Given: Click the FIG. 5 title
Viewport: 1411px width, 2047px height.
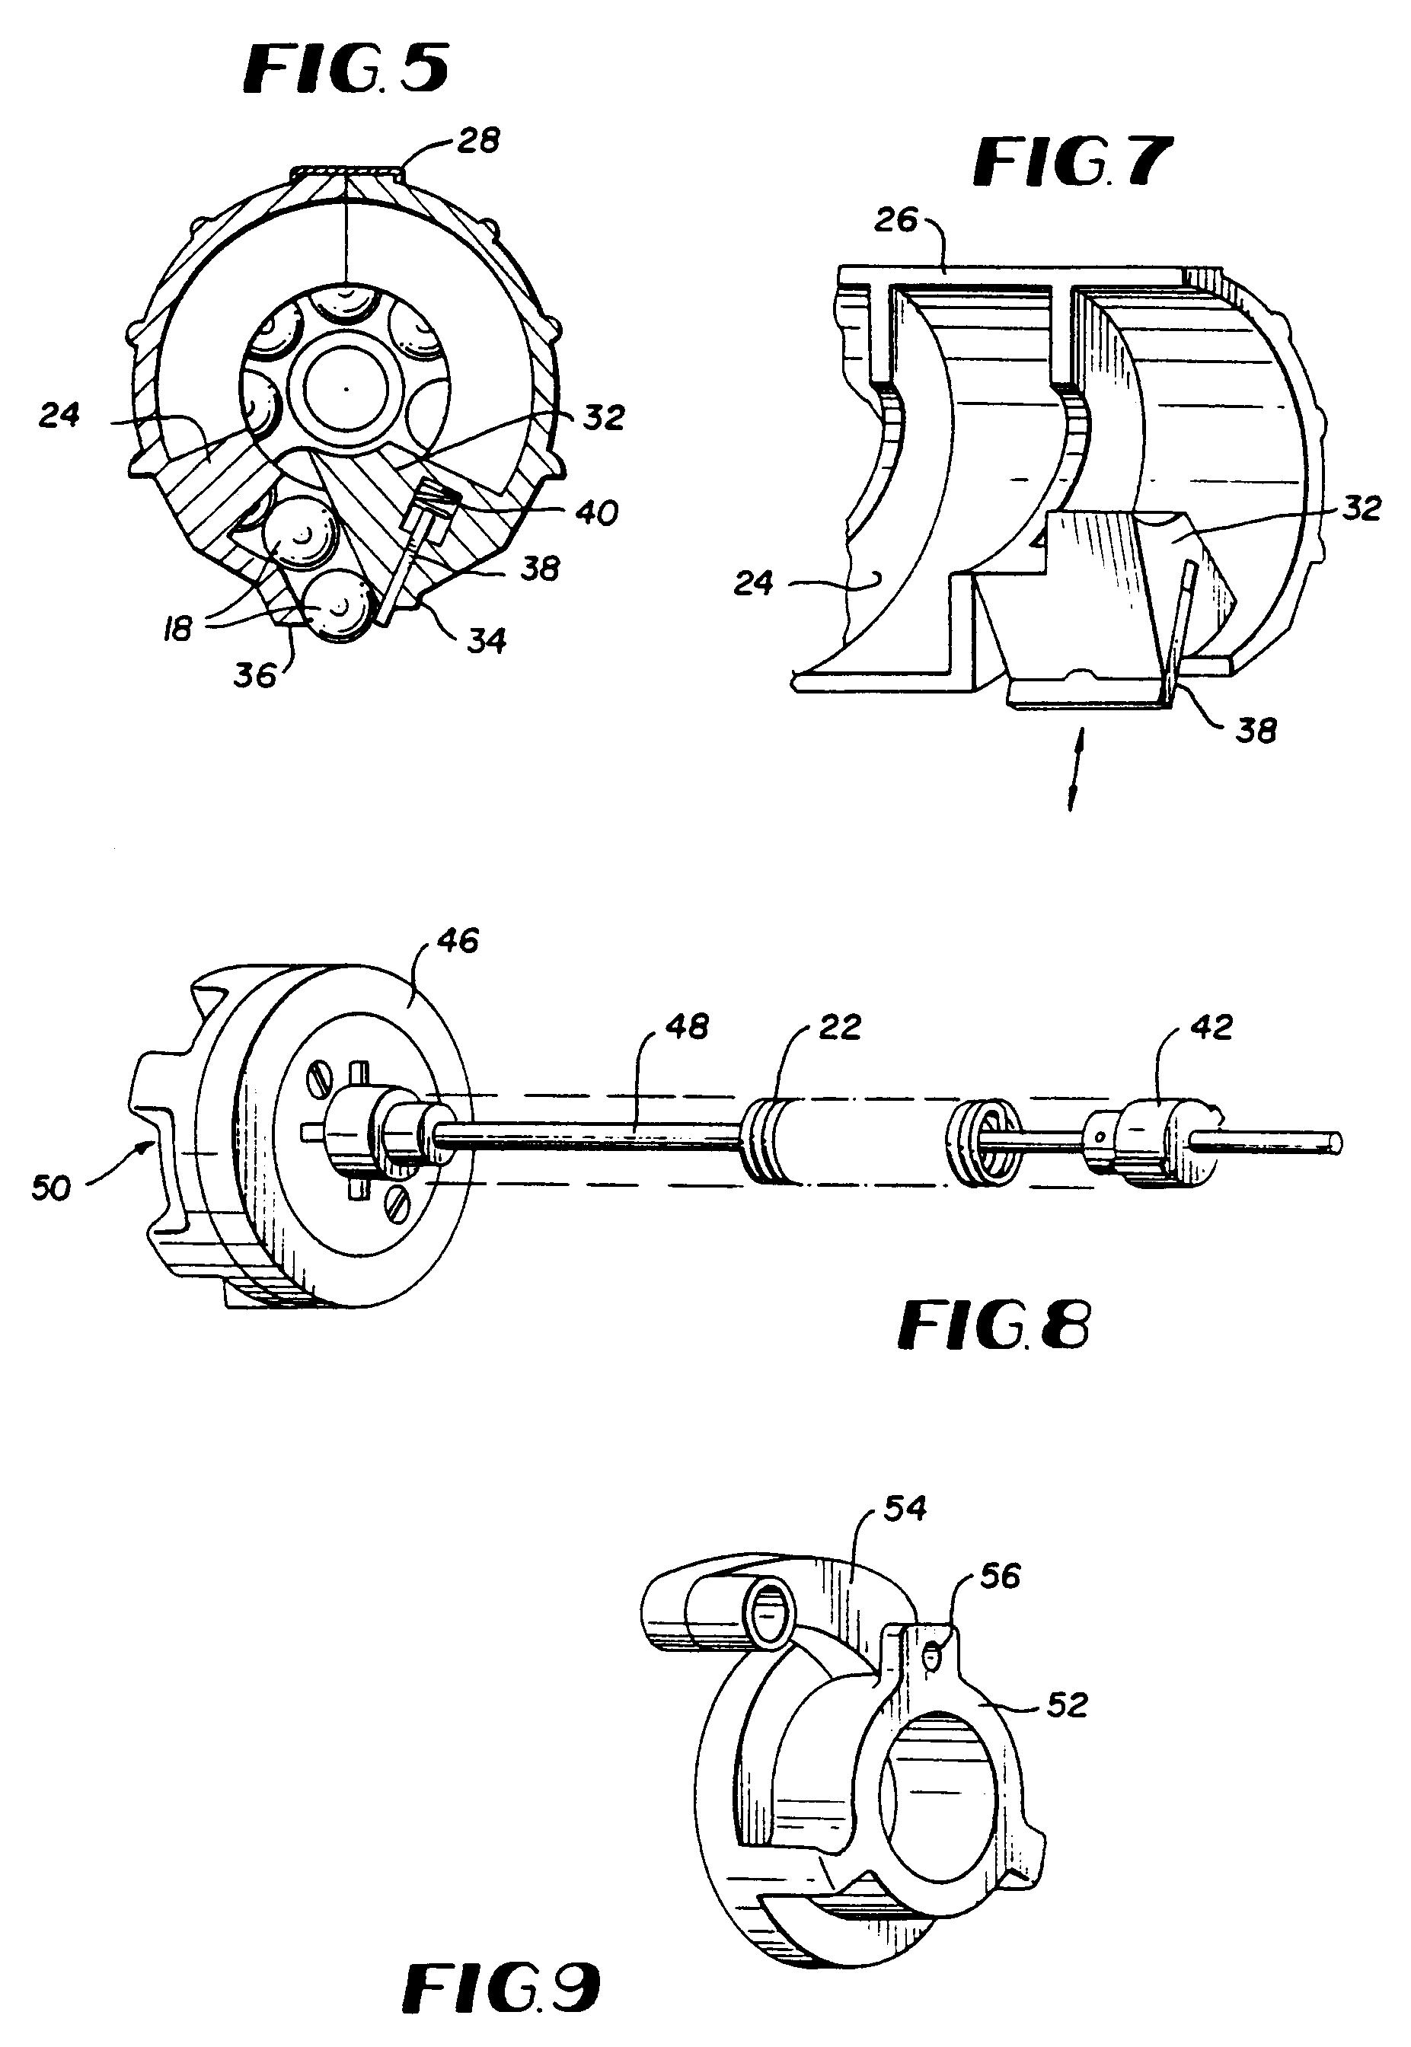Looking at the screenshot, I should [346, 70].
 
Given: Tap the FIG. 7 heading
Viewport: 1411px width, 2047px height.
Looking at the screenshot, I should [1071, 161].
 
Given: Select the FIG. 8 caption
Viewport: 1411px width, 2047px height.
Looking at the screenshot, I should [994, 1325].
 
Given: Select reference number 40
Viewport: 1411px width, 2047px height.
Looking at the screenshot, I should [596, 512].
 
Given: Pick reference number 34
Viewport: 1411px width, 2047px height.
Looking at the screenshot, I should [487, 640].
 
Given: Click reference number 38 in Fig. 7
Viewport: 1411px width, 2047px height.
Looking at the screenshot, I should [1256, 730].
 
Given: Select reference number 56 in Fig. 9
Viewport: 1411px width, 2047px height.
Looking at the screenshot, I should [1001, 1575].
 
